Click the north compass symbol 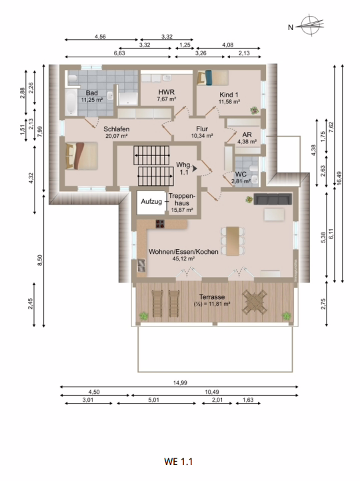click(309, 26)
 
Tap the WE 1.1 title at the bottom click(179, 460)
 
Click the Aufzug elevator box click(151, 202)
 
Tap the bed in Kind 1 click(213, 78)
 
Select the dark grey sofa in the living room click(273, 199)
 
